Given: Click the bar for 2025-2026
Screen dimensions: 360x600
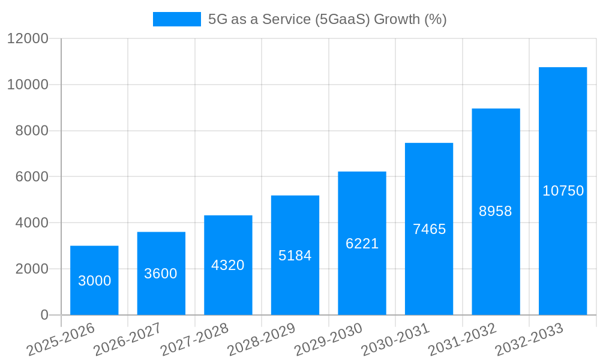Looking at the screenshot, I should (94, 280).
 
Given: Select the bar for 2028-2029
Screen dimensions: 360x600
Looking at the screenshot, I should (295, 255).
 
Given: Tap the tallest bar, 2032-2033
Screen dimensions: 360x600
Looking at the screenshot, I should (562, 191).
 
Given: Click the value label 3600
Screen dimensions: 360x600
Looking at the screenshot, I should (161, 274).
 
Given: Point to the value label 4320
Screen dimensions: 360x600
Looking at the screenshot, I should (228, 265).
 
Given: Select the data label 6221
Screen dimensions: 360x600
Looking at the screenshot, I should (362, 244).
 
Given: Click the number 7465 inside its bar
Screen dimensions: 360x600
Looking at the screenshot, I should (429, 229).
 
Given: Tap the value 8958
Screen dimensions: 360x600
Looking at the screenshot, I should (496, 211).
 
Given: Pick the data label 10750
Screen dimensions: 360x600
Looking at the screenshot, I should (563, 191).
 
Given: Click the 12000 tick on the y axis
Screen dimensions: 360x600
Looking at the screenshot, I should (28, 39).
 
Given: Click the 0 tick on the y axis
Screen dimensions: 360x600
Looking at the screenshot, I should (44, 315).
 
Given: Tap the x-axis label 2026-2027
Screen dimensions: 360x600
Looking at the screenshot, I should (128, 340).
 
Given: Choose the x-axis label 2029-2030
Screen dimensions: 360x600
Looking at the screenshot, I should (329, 340).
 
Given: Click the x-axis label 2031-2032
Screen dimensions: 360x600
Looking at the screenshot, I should (463, 340).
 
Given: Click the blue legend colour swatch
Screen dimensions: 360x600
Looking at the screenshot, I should (177, 19).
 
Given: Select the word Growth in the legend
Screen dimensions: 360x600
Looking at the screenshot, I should (397, 19).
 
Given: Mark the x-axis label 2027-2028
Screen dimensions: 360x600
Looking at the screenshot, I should (195, 340).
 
